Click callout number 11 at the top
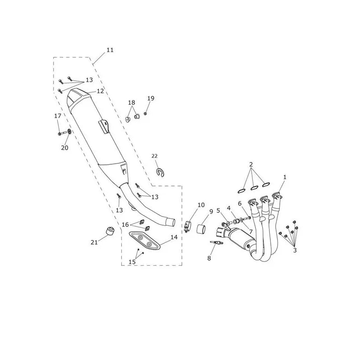pos(110,50)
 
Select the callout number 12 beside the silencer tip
pos(100,91)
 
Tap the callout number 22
pos(154,156)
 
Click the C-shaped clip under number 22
pos(160,173)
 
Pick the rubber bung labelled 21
pos(110,231)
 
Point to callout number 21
pos(94,242)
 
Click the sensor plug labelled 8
pos(217,242)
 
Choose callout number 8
pos(209,258)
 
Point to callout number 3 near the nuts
pos(295,250)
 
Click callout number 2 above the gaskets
pos(251,164)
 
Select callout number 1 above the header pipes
pos(285,177)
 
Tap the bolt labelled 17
pos(62,133)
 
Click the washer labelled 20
pos(69,132)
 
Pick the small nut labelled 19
pos(145,113)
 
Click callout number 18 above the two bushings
pos(132,102)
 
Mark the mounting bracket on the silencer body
pos(104,126)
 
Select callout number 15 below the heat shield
pos(132,262)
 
